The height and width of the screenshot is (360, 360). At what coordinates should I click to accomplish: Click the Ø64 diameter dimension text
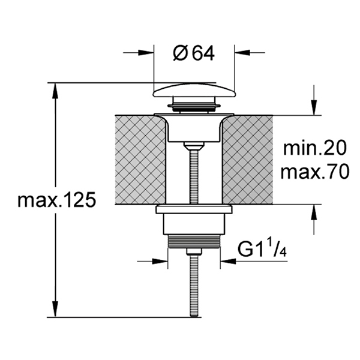pos(194,53)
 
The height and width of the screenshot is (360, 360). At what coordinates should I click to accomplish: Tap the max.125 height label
pos(56,200)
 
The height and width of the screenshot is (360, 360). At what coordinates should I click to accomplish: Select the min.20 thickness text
pos(314,148)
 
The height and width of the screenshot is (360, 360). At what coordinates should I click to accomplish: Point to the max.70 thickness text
pos(315,172)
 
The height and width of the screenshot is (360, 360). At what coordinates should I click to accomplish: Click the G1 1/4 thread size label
pos(262,250)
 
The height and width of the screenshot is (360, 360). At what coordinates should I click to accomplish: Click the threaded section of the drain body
pos(194,242)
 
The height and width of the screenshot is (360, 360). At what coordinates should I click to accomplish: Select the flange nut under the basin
pos(194,209)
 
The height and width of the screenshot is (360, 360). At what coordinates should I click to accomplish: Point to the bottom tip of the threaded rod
pos(194,317)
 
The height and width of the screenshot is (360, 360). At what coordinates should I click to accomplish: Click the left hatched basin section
pos(140,160)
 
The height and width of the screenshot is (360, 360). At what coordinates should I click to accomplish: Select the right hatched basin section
pos(248,160)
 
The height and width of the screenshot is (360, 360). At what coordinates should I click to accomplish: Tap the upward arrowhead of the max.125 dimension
pos(55,91)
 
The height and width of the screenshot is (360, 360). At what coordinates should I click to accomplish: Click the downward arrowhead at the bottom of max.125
pos(55,309)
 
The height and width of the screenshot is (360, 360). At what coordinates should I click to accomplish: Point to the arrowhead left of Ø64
pos(146,53)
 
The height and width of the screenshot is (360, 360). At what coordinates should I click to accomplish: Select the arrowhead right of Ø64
pos(242,53)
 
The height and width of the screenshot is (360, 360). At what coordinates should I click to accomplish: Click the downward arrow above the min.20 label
pos(314,100)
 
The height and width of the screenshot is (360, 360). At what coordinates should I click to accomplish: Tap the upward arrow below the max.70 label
pos(314,219)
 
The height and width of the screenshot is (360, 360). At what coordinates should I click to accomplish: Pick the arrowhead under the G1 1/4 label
pos(228,261)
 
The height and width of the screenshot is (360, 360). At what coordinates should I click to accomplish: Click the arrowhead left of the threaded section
pos(160,261)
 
